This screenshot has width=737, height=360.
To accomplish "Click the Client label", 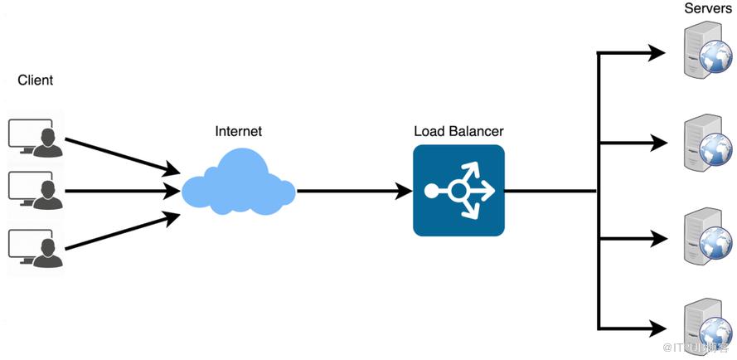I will [x=35, y=80].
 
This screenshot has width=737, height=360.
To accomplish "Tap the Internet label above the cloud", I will [x=238, y=131].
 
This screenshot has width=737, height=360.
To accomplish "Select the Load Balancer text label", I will [x=458, y=131].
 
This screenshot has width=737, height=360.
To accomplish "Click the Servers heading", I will [x=707, y=8].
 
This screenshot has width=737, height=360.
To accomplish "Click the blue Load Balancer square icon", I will [x=458, y=190].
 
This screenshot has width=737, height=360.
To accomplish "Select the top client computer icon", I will [x=33, y=136].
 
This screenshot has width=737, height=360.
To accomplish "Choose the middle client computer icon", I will [x=33, y=188].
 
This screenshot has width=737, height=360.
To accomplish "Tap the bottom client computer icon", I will [x=33, y=246].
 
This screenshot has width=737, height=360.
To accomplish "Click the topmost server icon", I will [x=705, y=51].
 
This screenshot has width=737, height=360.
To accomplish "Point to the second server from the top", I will [x=705, y=144].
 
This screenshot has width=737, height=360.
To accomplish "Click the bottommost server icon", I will [x=705, y=327].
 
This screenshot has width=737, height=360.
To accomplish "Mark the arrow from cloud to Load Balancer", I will [x=354, y=191].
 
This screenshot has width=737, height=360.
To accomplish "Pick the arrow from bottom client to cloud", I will [x=122, y=231].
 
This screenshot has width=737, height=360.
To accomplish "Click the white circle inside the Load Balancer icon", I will [x=458, y=191].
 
